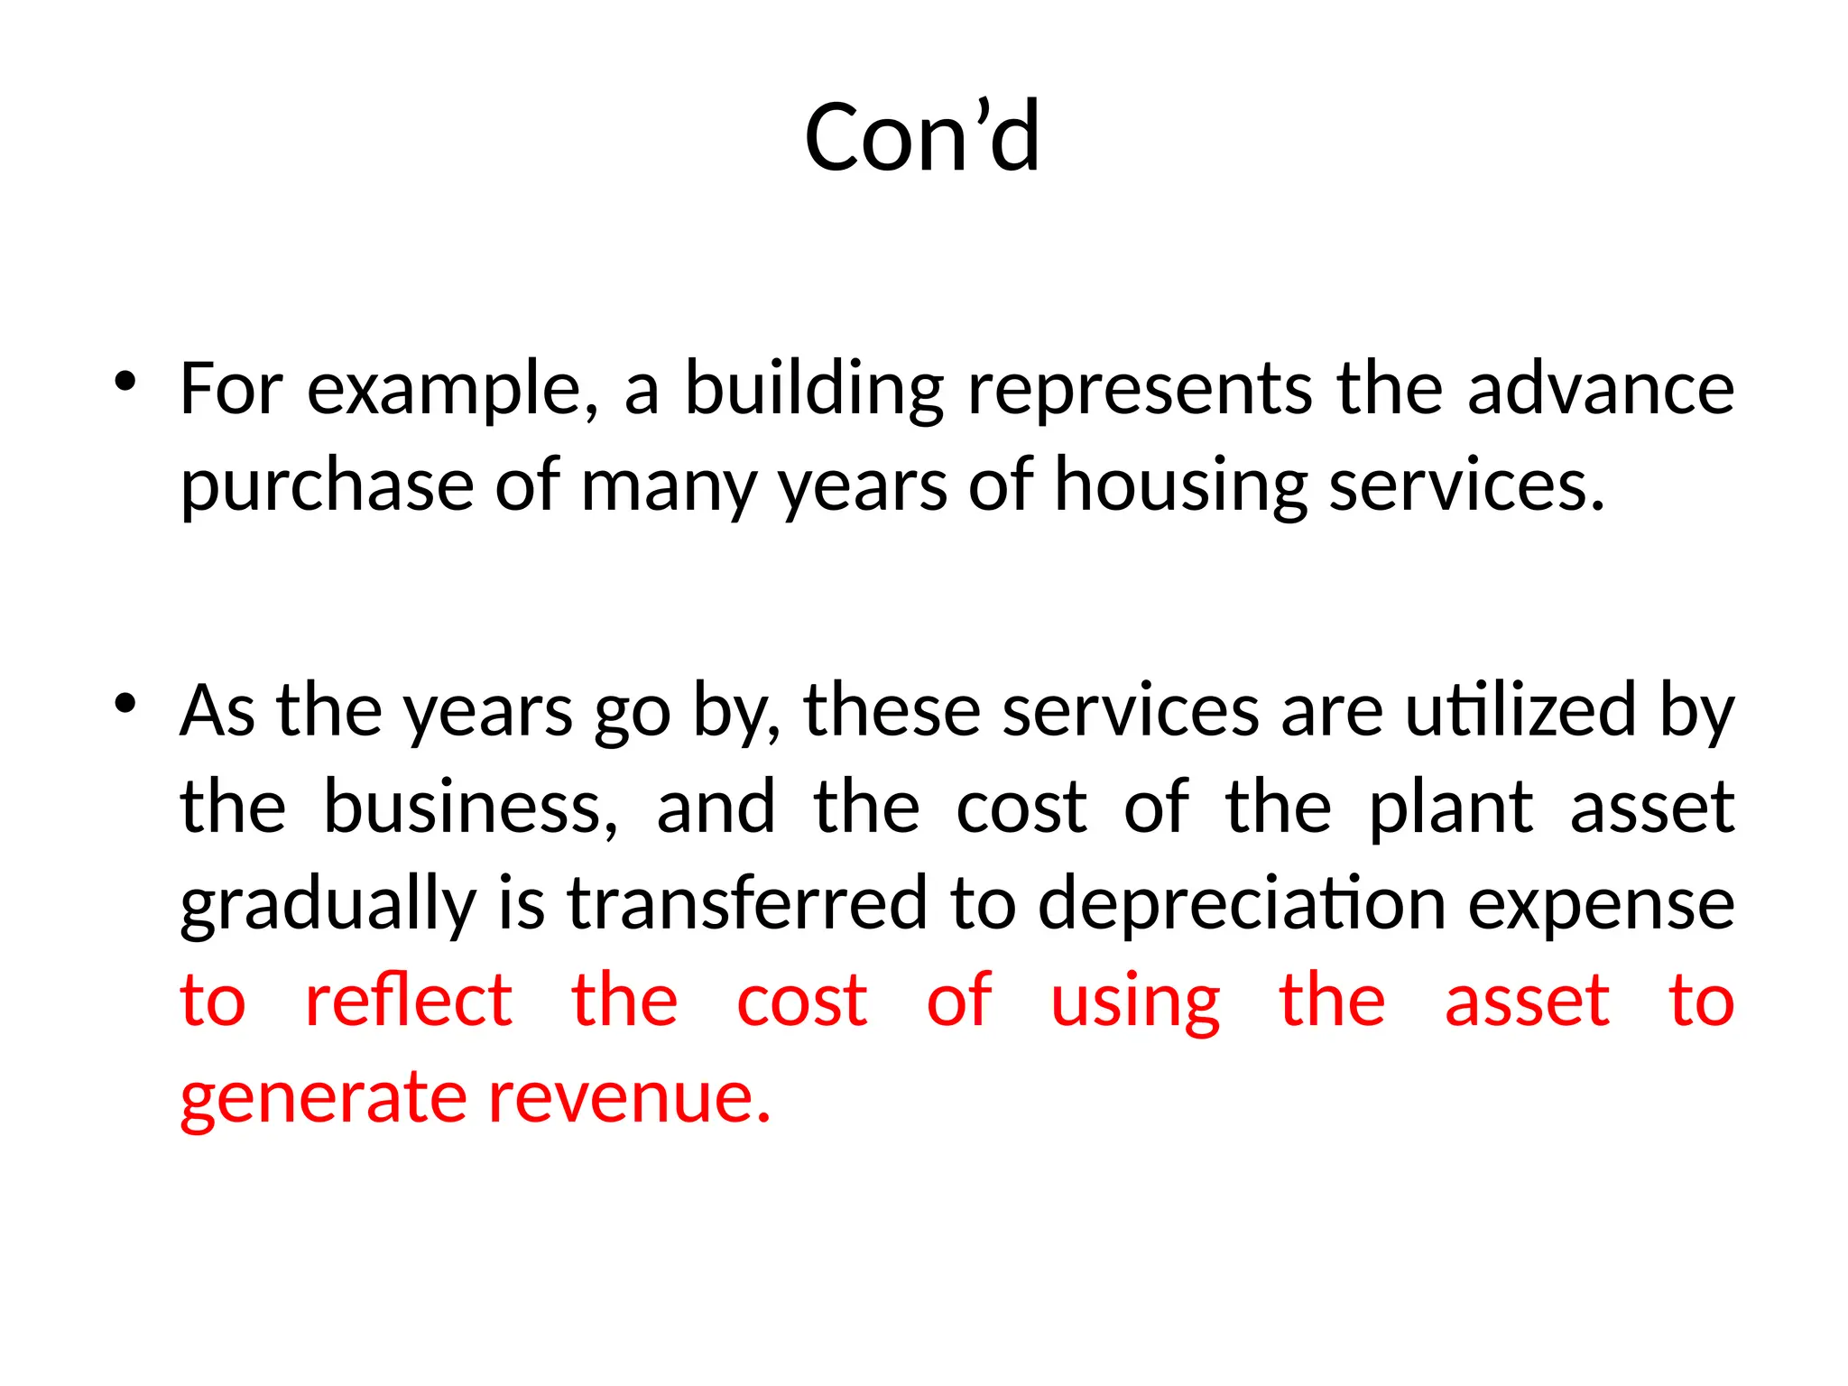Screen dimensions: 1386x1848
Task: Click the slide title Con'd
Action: (922, 137)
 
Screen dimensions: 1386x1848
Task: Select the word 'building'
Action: (814, 390)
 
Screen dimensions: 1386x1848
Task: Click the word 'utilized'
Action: (1520, 711)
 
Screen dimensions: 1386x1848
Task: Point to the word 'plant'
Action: (1450, 808)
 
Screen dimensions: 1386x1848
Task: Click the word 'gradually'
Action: (328, 906)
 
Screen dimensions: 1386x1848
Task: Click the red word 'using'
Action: (1135, 1003)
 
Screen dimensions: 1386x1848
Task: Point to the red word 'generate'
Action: (322, 1099)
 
